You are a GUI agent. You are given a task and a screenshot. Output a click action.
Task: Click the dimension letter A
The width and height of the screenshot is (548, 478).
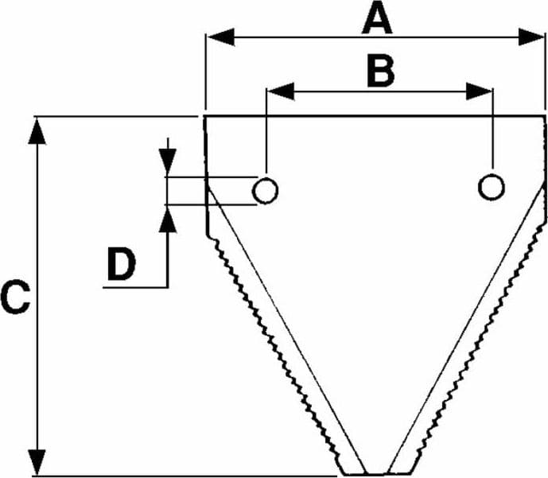pos(377,21)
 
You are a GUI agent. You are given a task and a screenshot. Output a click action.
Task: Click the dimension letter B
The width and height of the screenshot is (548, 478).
pos(381,72)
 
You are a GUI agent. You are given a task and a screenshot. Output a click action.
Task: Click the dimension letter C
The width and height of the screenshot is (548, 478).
pos(15,297)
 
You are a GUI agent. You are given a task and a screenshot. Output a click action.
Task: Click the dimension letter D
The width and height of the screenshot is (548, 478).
pos(121,264)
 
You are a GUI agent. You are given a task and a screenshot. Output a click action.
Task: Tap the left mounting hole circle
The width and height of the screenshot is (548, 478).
pos(265,190)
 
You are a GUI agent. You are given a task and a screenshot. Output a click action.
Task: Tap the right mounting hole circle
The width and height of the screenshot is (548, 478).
pos(491,186)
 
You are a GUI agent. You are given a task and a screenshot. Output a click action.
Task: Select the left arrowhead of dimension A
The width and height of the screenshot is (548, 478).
pos(221,37)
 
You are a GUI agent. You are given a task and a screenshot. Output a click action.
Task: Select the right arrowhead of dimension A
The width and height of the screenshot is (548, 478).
pos(531,37)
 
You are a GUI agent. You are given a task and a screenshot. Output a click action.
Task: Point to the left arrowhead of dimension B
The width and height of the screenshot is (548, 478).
pos(281,91)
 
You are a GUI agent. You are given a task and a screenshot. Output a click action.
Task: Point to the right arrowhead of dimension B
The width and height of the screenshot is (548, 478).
pos(479,91)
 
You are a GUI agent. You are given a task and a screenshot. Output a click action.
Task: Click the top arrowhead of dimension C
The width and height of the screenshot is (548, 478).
pos(37,131)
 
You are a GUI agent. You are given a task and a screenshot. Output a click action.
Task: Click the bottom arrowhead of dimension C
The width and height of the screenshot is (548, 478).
pos(37,463)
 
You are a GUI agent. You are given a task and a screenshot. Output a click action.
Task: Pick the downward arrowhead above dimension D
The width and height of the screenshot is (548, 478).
pos(168,161)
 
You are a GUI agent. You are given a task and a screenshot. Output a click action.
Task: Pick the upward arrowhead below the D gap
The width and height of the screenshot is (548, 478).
pos(168,219)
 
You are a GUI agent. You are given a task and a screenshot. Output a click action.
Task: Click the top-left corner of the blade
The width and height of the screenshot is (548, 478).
pos(204,116)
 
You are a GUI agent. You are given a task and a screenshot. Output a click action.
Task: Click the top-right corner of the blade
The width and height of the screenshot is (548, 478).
pos(545,116)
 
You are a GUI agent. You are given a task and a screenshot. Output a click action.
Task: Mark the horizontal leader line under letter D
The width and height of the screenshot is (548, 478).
pos(135,288)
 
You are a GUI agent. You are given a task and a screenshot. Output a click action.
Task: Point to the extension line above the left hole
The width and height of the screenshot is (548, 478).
pos(266,131)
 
